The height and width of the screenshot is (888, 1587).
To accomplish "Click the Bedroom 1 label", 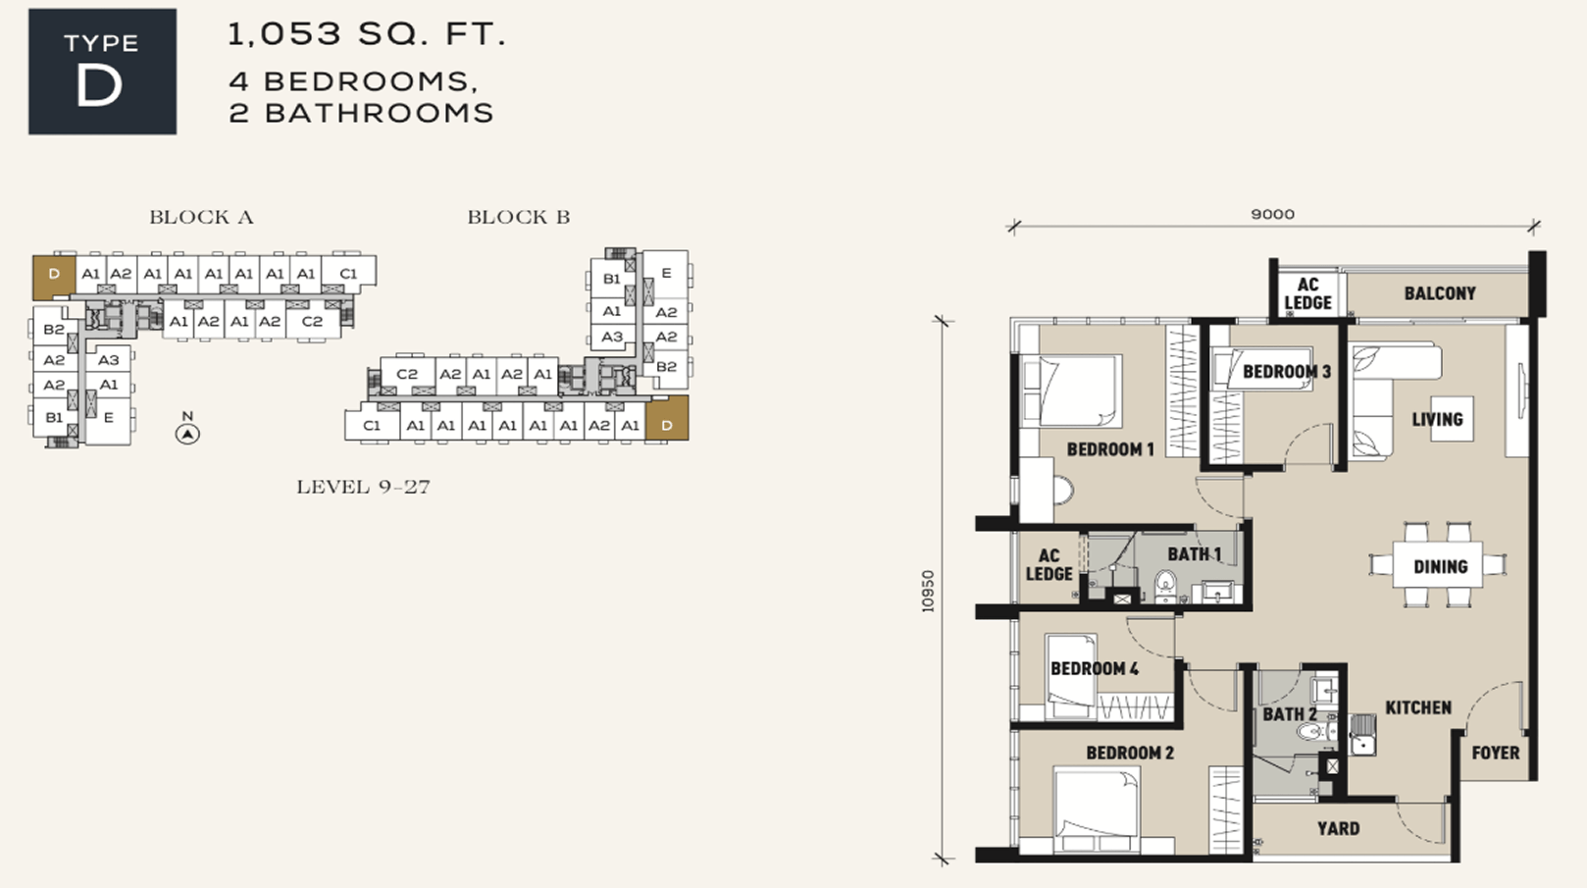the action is point(1110,449).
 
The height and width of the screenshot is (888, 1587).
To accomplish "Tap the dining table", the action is point(1438,565).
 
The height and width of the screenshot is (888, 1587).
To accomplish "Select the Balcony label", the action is point(1440,293).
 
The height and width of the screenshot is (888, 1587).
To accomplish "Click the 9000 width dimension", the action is point(1272,214).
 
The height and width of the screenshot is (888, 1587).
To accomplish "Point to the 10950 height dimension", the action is point(928,591).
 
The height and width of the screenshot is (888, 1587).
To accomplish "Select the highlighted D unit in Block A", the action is point(54,276).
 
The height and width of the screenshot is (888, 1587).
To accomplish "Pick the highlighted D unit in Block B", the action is point(667,418).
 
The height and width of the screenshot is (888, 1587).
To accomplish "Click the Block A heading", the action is point(201,217).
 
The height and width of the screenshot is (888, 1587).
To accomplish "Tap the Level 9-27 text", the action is point(363,487).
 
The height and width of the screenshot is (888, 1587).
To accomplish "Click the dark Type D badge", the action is point(103,72).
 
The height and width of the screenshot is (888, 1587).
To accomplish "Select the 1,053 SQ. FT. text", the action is point(366,34).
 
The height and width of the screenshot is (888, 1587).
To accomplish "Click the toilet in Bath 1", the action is point(1164,586).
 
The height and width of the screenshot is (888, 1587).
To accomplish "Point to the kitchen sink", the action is point(1362,735).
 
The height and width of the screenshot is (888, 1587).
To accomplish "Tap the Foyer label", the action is point(1496,753).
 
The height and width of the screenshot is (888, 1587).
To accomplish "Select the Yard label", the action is point(1338,828).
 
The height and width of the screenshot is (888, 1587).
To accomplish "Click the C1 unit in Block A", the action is point(348,274).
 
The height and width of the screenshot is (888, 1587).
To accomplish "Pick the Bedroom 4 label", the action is point(1095,668).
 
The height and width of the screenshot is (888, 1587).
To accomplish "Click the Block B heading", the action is point(519,217).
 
